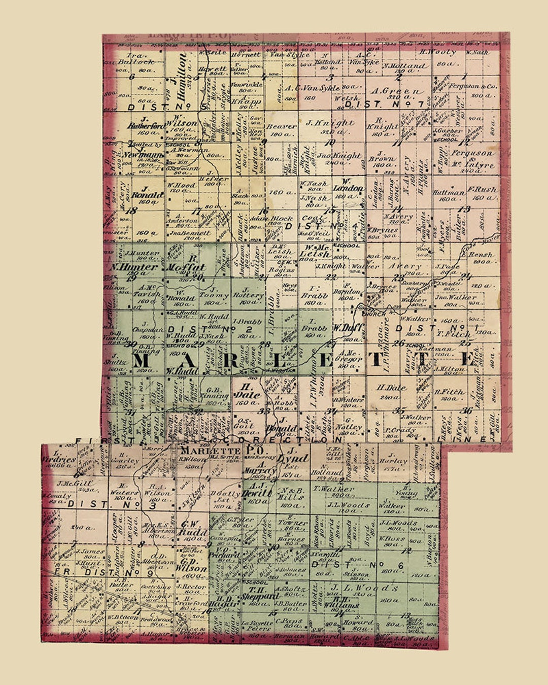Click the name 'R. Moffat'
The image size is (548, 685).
tap(186, 267)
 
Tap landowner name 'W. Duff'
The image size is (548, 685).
tap(348, 328)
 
